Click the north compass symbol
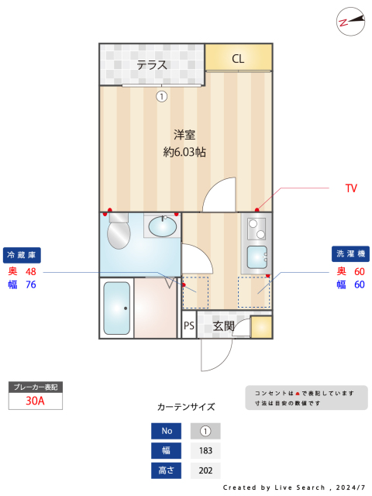pos(350,22)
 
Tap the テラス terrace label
pos(152,65)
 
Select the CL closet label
pos(238,59)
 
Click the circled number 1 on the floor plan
pos(162,96)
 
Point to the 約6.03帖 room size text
pos(184,152)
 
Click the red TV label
pos(351,188)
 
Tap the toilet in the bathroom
pos(119,231)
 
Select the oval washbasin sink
pos(163,226)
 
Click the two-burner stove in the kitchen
pos(257,229)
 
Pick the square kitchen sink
pos(257,258)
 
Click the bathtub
pos(117,308)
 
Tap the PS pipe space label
pos(189,325)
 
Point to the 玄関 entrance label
pos(224,325)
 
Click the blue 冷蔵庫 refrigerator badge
pos(22,255)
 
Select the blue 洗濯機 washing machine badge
pos(350,253)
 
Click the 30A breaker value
pos(35,401)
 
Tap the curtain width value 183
pos(205,450)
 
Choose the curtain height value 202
pos(205,470)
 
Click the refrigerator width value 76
pos(31,284)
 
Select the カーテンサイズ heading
pos(186,407)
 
